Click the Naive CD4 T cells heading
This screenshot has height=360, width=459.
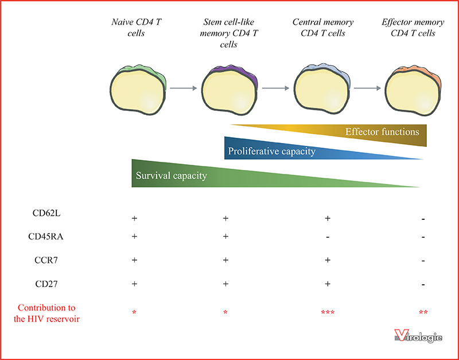(x=136, y=28)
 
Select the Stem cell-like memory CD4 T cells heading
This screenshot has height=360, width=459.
(x=228, y=33)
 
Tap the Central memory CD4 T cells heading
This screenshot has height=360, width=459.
(x=323, y=28)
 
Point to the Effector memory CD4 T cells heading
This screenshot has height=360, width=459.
(x=413, y=28)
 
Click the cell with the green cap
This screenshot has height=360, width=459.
(x=138, y=90)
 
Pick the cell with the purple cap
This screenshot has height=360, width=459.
(x=229, y=90)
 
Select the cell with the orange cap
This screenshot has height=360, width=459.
(x=413, y=90)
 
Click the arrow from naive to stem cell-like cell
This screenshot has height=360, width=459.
(x=184, y=88)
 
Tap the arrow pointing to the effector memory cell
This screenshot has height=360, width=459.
(x=367, y=88)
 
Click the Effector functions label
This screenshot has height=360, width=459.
(x=382, y=132)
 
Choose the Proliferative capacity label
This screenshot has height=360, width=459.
(x=271, y=152)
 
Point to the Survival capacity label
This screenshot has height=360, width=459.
(x=171, y=176)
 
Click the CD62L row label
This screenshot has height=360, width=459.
(x=46, y=213)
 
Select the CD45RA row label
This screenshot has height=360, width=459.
(x=46, y=237)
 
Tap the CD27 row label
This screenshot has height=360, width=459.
(x=46, y=284)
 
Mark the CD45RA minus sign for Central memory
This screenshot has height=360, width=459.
(x=328, y=237)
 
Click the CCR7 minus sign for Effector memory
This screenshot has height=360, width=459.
(x=423, y=261)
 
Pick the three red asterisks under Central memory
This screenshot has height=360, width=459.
(x=328, y=312)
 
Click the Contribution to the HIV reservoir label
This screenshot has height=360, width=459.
(x=46, y=313)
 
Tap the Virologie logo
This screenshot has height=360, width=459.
(x=418, y=336)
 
